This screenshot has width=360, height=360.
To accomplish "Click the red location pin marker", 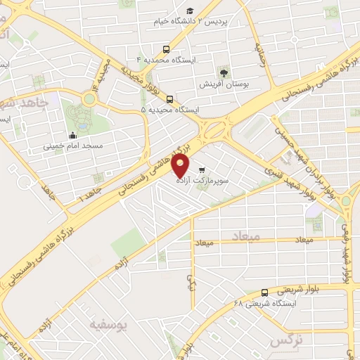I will (181, 166).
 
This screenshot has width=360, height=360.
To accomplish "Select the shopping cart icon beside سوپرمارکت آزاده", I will (202, 169).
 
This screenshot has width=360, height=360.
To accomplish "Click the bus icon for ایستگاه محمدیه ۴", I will (167, 49).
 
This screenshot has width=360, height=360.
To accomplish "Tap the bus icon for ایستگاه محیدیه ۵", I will (169, 99).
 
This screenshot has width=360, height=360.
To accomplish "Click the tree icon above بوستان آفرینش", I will (224, 72).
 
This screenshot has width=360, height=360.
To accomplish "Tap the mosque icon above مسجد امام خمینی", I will (73, 135).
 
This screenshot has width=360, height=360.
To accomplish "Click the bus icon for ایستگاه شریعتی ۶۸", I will (264, 292).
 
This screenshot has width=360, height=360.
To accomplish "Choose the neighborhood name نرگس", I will (285, 340).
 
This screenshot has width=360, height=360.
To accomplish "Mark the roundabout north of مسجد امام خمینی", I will (89, 99).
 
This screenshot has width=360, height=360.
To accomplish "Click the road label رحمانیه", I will (262, 53).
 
